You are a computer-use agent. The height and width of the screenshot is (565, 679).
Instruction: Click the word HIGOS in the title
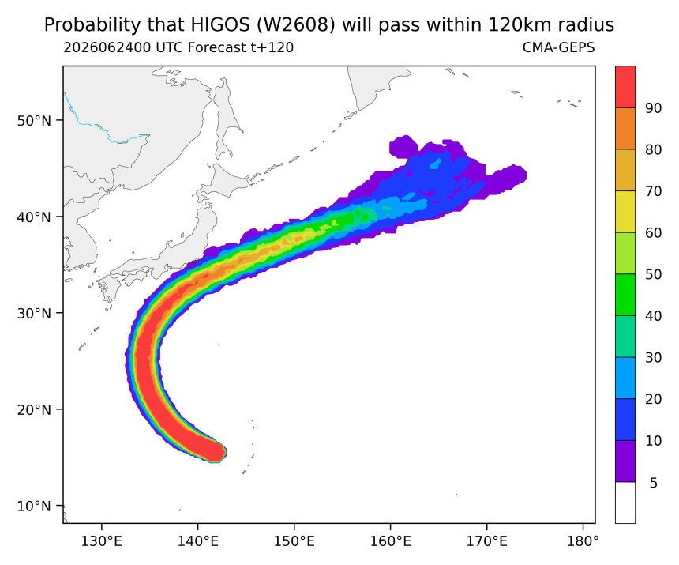point(220,25)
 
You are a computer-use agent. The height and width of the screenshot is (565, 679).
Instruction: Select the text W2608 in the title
point(296,25)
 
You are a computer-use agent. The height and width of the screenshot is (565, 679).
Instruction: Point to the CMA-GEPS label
point(559,47)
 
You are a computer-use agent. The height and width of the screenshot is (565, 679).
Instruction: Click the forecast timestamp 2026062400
point(107,47)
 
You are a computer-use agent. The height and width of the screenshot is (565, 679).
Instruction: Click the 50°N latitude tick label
point(34,120)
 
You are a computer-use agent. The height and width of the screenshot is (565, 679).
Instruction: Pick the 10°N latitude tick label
point(34,506)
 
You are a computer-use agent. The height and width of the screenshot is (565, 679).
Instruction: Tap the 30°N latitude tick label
point(34,313)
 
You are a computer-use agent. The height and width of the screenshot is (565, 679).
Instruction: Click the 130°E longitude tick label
point(102,541)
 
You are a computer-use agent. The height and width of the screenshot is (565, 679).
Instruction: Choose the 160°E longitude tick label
point(391,541)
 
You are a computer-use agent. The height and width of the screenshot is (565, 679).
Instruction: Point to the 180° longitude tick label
point(583,541)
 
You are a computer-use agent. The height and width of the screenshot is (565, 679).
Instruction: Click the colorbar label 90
point(654,108)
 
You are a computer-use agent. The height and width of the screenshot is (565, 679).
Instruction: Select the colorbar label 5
point(654,483)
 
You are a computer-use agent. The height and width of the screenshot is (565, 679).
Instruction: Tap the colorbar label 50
point(654,274)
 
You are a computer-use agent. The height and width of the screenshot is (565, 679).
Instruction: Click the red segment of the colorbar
point(625,87)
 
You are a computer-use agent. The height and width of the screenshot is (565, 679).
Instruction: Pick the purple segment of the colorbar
point(625,461)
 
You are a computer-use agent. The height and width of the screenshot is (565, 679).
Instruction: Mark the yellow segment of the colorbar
point(625,212)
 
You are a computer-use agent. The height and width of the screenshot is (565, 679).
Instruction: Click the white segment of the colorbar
point(625,503)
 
